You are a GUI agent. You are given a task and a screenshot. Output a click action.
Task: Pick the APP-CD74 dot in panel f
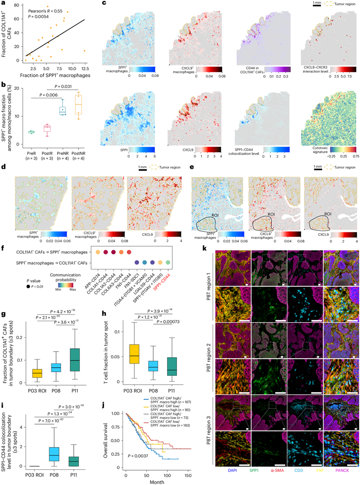97,252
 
